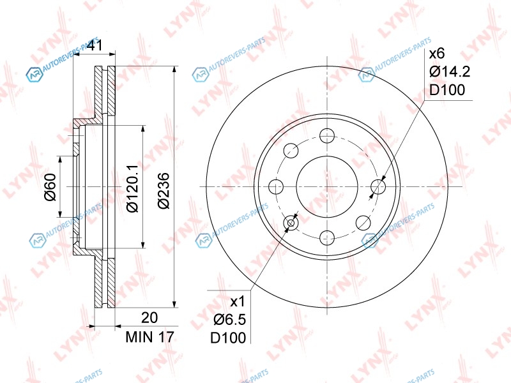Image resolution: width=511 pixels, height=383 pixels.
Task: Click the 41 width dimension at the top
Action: [x=96, y=45]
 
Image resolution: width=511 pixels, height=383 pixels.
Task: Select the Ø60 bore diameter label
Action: [x=50, y=187]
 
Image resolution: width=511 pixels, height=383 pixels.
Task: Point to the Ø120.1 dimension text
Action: [x=133, y=188]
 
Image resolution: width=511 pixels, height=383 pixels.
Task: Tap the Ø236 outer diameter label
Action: [x=164, y=190]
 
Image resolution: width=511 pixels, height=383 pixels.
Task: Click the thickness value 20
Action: [x=149, y=317]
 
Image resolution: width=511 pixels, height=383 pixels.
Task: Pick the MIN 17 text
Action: [x=150, y=337]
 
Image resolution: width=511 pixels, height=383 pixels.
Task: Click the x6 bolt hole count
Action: [x=437, y=53]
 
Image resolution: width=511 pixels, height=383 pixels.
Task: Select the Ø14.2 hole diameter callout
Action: [x=450, y=71]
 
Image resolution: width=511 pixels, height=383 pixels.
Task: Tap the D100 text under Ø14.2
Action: [x=447, y=90]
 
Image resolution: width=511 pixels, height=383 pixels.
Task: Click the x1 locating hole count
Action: [x=238, y=302]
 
